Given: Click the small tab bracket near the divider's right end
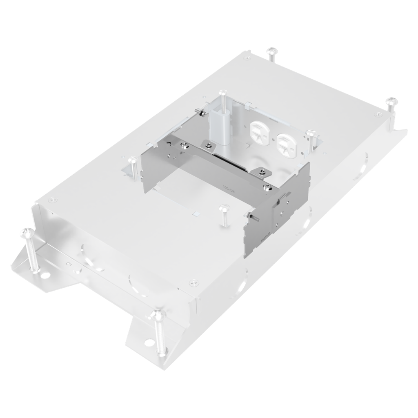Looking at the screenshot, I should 261,171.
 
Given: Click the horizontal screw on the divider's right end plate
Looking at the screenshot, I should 252,216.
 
